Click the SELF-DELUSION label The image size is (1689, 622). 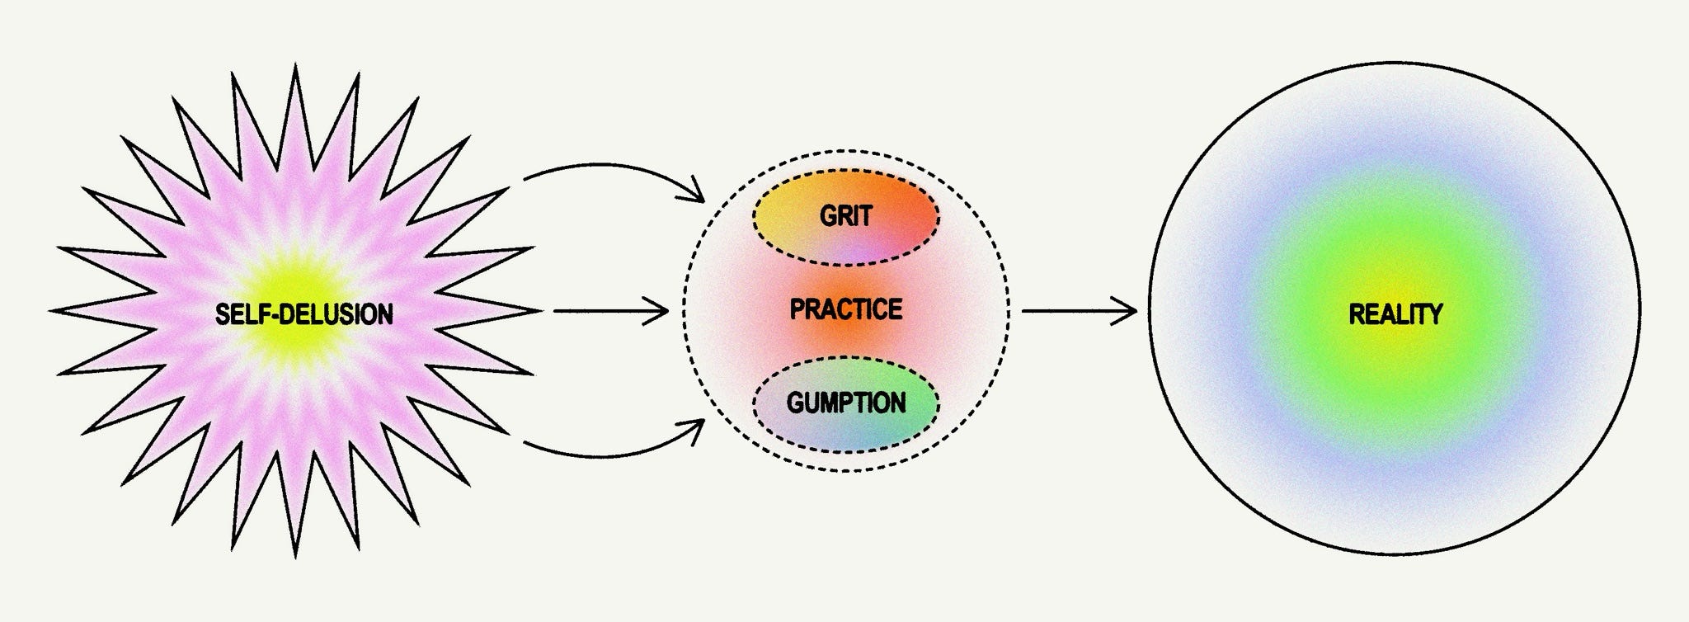point(303,314)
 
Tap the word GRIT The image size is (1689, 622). point(845,216)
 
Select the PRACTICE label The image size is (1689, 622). point(845,310)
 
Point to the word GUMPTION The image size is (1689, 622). point(845,403)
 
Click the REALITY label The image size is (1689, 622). point(1395,314)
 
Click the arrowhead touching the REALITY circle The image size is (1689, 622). point(1130,312)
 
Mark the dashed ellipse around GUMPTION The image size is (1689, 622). point(845,359)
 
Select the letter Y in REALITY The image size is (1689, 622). point(1435,314)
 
